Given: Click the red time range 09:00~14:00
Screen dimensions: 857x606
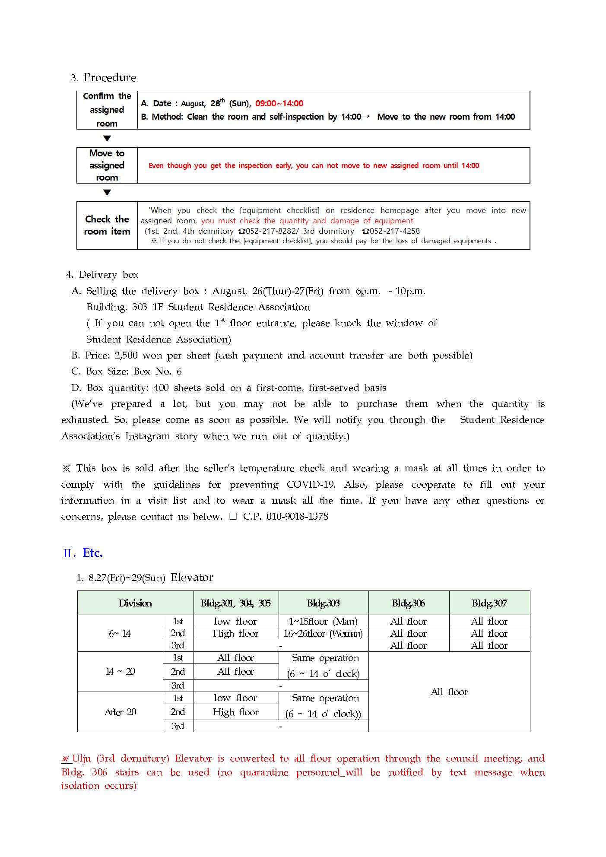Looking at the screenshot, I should point(279,104).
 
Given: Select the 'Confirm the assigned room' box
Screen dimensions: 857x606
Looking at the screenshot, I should point(107,110).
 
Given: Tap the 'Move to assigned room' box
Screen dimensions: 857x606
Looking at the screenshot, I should point(107,165).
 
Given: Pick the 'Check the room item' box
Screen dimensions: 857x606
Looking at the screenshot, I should point(107,225).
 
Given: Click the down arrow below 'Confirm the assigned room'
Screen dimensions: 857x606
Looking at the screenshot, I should point(107,139).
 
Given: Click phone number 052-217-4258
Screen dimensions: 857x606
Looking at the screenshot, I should point(394,231).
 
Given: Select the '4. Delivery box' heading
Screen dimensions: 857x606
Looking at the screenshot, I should point(103,275).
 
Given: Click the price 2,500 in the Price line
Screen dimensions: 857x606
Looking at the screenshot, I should point(126,355).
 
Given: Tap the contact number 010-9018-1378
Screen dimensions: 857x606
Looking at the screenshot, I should point(297,517).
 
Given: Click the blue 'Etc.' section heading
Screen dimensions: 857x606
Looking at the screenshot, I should point(92,553).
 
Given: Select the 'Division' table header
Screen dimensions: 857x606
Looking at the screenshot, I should point(135,603).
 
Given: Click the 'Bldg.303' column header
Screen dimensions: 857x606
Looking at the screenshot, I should point(323,603).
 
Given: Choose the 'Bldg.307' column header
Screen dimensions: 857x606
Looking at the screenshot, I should point(489,603).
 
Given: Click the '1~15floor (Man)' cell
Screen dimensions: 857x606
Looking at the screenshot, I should point(323,622).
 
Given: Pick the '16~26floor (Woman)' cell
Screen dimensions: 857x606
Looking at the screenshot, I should point(323,634).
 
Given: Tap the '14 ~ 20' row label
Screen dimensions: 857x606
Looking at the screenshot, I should point(120,672).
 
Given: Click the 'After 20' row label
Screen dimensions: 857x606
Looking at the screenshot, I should point(120,712).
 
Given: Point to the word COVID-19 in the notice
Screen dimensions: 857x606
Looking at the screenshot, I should point(311,485).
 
